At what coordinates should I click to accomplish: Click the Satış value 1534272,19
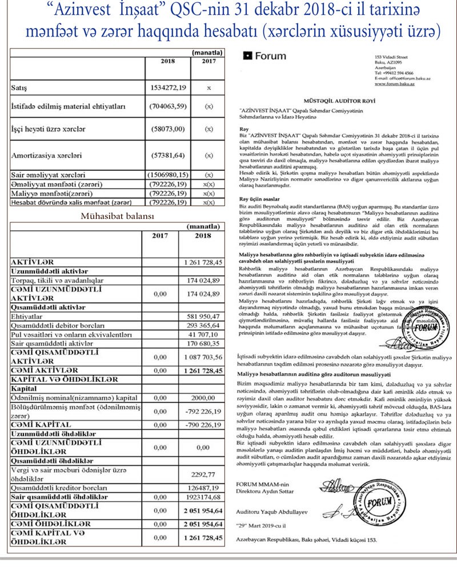click(x=168, y=89)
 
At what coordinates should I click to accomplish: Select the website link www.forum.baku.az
click(x=395, y=83)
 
